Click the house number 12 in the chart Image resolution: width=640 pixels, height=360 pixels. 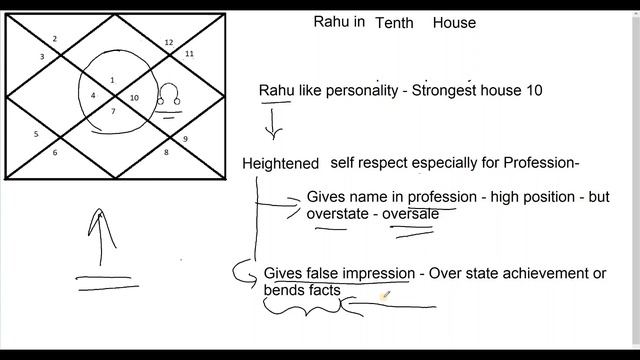168,42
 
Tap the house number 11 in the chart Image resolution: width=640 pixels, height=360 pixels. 189,53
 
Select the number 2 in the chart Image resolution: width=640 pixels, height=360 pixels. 55,39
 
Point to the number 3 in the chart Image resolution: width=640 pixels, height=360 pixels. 42,57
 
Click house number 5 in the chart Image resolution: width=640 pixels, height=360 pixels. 35,133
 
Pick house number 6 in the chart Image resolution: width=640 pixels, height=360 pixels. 55,152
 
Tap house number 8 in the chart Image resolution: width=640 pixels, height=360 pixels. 166,152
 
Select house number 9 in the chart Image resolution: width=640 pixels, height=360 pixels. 185,138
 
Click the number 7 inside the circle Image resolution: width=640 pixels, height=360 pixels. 113,111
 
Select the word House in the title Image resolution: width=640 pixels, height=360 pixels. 454,23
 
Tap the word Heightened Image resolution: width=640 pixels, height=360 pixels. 280,163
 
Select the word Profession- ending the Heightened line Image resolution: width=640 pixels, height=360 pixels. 538,163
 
